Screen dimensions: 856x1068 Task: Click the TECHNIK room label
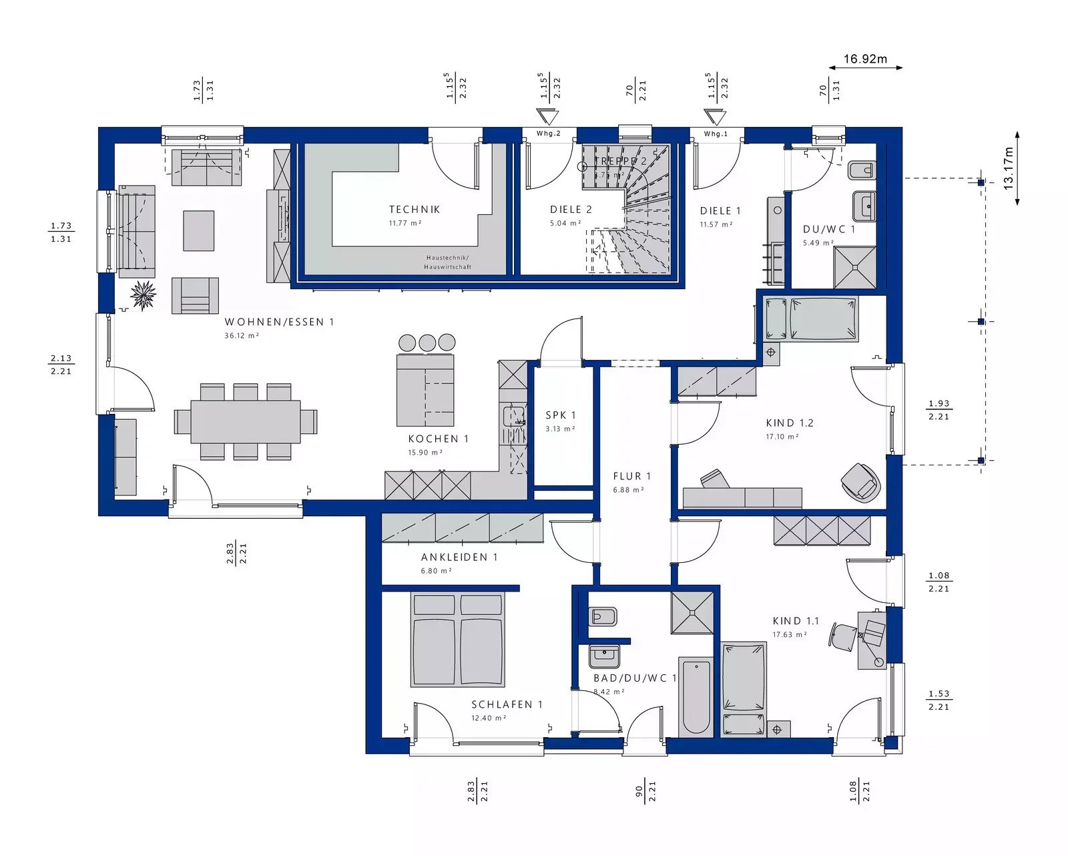pos(415,210)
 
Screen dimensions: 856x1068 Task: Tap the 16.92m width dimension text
pos(865,59)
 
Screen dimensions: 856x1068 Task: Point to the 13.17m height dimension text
pos(1008,168)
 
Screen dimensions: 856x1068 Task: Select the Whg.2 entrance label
pos(549,134)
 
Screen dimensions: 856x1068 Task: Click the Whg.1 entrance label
pos(716,134)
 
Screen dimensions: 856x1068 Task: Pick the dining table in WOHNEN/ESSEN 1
pos(245,421)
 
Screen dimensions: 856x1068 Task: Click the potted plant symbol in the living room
pos(143,295)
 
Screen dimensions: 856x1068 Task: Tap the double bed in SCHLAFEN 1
pos(457,641)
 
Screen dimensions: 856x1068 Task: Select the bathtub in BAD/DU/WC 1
pos(696,694)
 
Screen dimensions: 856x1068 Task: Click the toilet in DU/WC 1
pos(860,171)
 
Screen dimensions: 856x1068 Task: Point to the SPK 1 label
pos(560,415)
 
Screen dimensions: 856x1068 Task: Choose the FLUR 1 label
pos(631,476)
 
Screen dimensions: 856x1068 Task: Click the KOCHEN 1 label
pos(438,439)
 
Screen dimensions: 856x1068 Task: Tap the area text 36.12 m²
pos(242,336)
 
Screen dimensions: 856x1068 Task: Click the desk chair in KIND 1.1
pos(843,634)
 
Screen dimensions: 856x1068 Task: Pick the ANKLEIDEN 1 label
pos(459,557)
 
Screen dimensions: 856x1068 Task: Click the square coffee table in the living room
pos(198,230)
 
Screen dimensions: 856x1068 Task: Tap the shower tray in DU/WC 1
pos(854,267)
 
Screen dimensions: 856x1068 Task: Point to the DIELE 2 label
pos(571,210)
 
